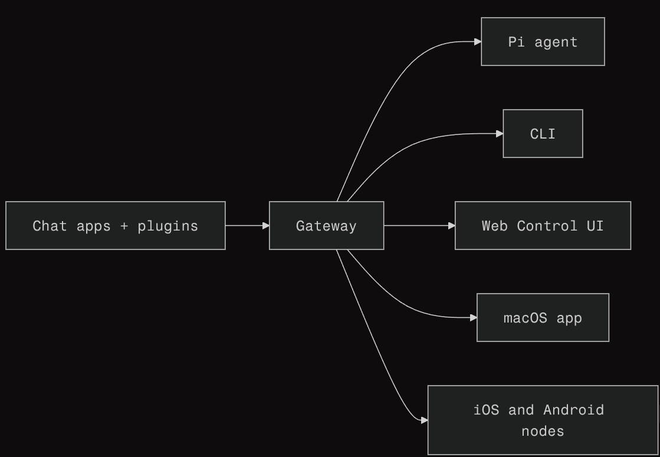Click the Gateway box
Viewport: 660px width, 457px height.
(x=326, y=226)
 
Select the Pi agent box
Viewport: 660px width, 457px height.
(x=543, y=42)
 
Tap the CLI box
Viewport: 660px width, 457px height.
(x=543, y=134)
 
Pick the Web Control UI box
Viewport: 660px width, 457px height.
(x=543, y=226)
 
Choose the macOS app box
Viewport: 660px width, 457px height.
(x=543, y=318)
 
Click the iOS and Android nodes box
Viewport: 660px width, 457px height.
(x=543, y=420)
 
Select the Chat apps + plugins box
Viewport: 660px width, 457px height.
(x=116, y=226)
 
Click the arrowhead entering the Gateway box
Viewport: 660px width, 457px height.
(x=265, y=226)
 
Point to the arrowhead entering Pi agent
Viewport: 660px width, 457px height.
(x=477, y=42)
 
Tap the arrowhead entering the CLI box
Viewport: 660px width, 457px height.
(x=499, y=134)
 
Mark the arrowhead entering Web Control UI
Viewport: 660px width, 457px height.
(x=451, y=226)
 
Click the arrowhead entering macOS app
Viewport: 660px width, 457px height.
(x=473, y=318)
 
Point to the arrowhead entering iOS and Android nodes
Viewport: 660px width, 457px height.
(x=424, y=420)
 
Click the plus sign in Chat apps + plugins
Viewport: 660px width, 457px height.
(x=124, y=226)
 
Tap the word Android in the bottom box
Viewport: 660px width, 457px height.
(x=573, y=410)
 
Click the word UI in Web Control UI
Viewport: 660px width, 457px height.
(x=595, y=226)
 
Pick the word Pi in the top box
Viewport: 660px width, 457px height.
(x=516, y=42)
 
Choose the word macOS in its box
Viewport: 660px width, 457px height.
(x=525, y=318)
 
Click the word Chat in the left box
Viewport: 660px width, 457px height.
(x=50, y=226)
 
